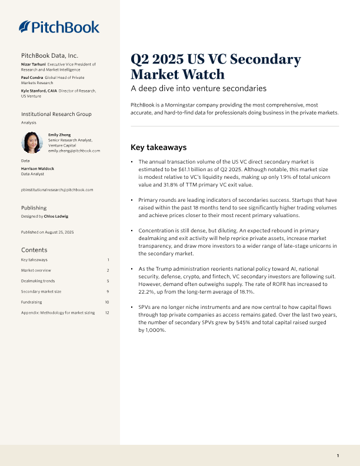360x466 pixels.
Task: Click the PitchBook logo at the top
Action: [59, 26]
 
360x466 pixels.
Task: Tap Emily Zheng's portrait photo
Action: [32, 142]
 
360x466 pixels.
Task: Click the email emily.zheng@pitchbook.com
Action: [74, 151]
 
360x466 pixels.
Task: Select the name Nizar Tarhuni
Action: [33, 64]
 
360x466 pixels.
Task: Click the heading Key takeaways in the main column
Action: [158, 147]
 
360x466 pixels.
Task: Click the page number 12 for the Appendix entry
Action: [107, 312]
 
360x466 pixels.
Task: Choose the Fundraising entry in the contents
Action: [32, 302]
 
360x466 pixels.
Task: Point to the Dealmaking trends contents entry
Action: [38, 281]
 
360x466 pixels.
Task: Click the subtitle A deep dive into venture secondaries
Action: [198, 89]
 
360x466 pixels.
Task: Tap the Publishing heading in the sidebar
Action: [34, 208]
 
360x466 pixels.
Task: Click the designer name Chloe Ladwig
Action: [57, 217]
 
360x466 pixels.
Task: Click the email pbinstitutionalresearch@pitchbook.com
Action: [56, 189]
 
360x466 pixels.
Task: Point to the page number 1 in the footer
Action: [338, 456]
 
